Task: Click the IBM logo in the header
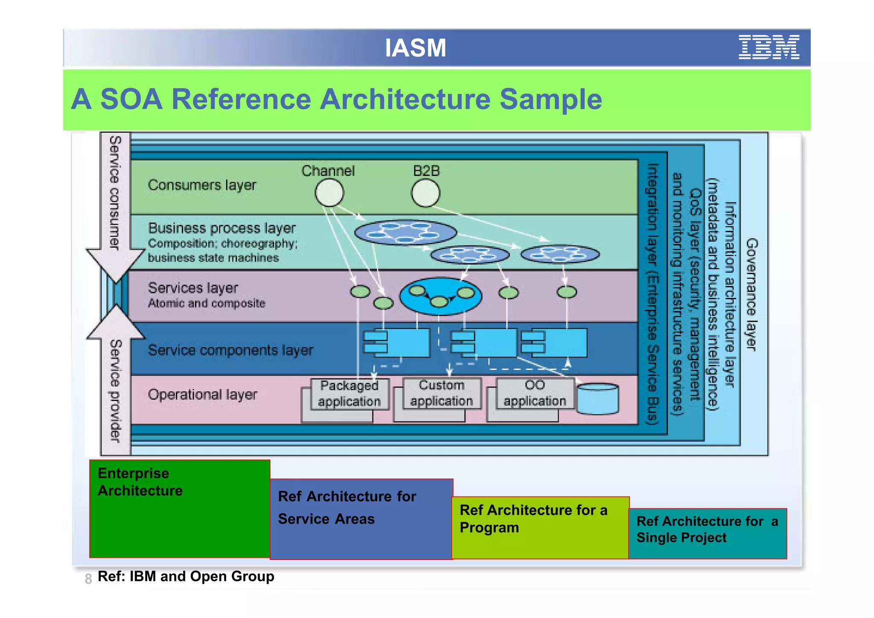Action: (769, 47)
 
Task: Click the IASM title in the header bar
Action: (415, 48)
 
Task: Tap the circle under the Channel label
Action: (329, 193)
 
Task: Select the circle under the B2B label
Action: (425, 193)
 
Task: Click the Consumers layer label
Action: (202, 185)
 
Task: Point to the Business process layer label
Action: (221, 228)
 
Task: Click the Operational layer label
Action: (202, 394)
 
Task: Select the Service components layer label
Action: (230, 350)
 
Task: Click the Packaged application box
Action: (349, 394)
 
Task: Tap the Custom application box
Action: (441, 393)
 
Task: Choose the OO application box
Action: (534, 393)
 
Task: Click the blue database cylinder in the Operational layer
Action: (597, 399)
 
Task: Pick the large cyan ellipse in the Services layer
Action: (440, 296)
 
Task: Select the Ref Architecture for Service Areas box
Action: (361, 519)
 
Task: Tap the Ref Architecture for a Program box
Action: (540, 528)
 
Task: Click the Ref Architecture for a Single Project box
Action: (707, 533)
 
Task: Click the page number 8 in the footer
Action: (88, 579)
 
